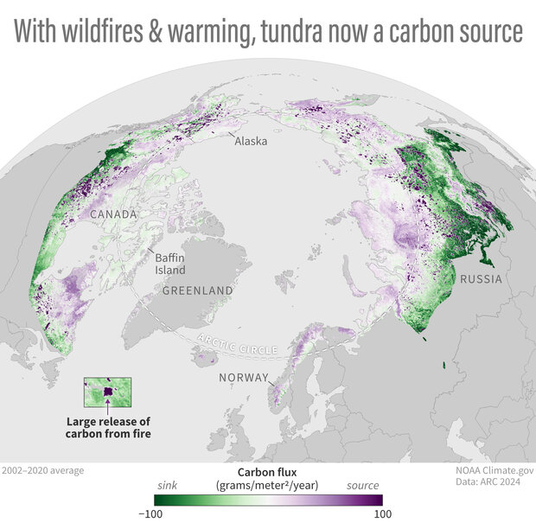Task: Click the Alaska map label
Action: click(x=252, y=140)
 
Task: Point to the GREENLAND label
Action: click(x=197, y=291)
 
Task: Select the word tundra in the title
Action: click(x=325, y=33)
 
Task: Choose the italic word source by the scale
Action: click(x=364, y=486)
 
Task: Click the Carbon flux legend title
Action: click(x=267, y=474)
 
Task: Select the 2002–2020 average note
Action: click(x=43, y=470)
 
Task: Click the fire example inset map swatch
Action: click(x=107, y=392)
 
